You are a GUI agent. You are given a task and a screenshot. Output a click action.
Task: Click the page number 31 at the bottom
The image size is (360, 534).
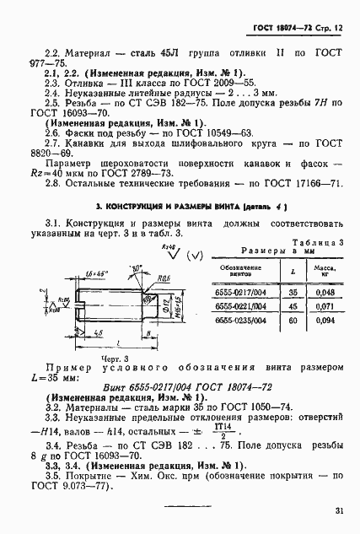tap(337, 509)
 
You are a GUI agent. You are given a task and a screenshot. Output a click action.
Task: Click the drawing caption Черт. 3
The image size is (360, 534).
tap(115, 359)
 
